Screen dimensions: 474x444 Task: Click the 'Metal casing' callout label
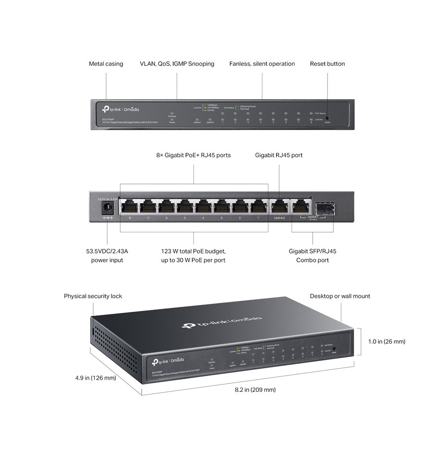pos(106,64)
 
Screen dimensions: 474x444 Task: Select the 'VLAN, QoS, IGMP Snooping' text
pos(177,64)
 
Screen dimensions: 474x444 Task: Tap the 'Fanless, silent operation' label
pos(262,64)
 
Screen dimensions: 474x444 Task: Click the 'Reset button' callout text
pos(327,64)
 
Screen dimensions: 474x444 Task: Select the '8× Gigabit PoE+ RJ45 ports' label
pos(193,155)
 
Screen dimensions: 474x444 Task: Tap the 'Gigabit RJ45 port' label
pos(279,155)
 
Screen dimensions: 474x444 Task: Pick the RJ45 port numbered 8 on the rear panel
pos(129,206)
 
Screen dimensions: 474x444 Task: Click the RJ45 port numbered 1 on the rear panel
pos(258,206)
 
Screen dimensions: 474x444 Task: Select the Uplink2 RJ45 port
pos(279,206)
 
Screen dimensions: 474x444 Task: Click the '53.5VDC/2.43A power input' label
pos(107,256)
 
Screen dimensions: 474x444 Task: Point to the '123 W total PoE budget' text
pos(193,251)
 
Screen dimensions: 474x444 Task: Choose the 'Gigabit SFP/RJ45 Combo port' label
pos(312,256)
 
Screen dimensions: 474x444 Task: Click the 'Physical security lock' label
pos(93,296)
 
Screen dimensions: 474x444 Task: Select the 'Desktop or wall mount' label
pos(340,296)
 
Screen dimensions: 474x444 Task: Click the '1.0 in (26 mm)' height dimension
pos(387,342)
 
